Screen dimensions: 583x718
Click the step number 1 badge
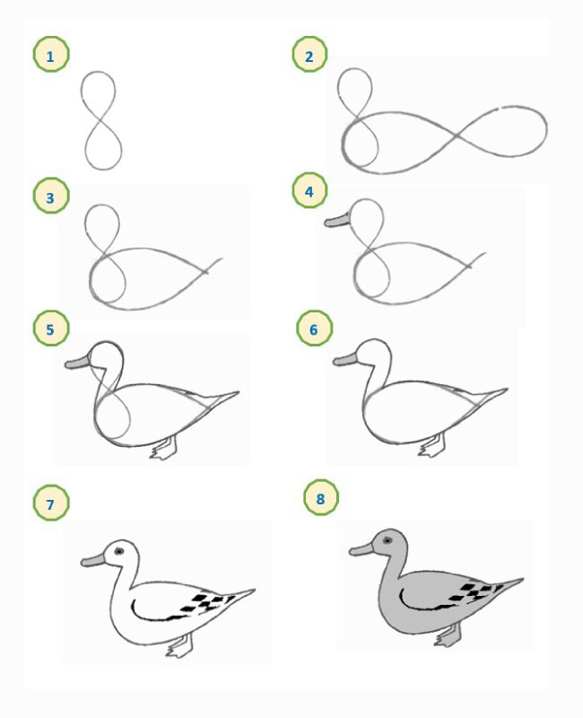click(51, 55)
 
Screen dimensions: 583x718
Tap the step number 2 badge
click(309, 55)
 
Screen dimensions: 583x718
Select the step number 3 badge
click(51, 196)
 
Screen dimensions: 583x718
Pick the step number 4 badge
click(309, 190)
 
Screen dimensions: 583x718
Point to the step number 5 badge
click(51, 328)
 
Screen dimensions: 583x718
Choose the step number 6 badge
click(315, 328)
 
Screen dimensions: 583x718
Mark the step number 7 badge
click(51, 503)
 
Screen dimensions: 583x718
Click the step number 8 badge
click(321, 497)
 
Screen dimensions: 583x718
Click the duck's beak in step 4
click(337, 220)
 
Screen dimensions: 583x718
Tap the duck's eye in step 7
click(119, 551)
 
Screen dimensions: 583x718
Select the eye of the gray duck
click(387, 540)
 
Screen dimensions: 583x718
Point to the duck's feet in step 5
click(164, 448)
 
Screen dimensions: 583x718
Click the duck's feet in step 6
click(431, 445)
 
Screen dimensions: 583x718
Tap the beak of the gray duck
click(362, 548)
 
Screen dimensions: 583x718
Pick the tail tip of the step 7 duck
click(255, 591)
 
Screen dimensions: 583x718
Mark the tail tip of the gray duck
click(523, 580)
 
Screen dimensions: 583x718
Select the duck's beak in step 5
click(78, 362)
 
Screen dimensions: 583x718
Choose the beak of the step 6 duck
click(346, 359)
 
